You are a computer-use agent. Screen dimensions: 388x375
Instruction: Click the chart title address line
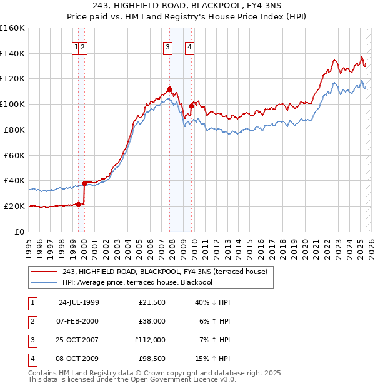(187, 6)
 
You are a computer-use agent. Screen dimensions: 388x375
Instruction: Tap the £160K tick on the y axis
(12, 28)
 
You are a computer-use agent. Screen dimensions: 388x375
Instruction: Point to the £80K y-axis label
(14, 130)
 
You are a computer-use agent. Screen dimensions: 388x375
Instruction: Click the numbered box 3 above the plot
(168, 46)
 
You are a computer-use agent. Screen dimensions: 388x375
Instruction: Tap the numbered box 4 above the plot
(189, 46)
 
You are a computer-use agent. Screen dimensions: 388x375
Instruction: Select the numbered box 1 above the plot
(76, 46)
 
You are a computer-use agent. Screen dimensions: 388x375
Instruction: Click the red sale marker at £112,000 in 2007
(169, 89)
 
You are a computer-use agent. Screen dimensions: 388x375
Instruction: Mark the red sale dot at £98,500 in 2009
(191, 106)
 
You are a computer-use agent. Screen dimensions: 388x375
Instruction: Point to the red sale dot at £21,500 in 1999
(79, 203)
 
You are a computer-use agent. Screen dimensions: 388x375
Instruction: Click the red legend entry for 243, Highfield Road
(165, 272)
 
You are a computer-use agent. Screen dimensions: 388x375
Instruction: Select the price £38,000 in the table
(151, 321)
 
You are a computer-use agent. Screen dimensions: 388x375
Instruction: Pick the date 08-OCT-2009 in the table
(79, 359)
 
